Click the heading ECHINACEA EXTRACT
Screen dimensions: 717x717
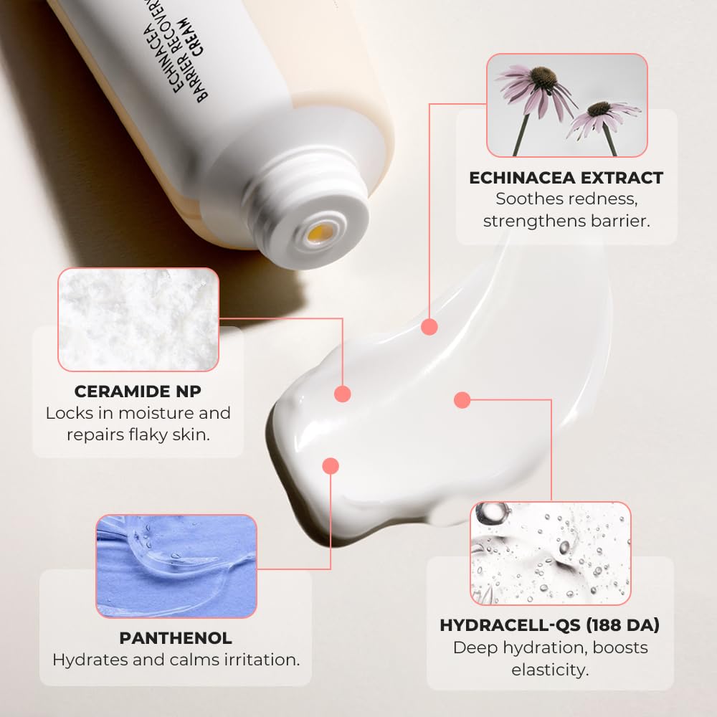point(566,178)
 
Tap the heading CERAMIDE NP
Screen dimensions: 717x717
point(138,391)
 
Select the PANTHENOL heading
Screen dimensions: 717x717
point(176,637)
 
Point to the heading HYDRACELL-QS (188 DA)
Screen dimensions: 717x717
point(550,625)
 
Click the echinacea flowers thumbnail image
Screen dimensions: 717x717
point(566,105)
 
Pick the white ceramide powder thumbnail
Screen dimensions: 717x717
point(138,319)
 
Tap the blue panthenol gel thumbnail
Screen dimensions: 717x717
point(176,566)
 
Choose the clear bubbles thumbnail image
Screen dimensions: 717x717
point(550,553)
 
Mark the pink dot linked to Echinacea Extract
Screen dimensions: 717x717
point(429,327)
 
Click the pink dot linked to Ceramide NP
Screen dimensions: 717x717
point(343,393)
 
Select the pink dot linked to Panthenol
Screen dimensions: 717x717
point(330,466)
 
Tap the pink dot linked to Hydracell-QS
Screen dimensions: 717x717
point(462,399)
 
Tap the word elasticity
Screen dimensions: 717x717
point(550,670)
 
